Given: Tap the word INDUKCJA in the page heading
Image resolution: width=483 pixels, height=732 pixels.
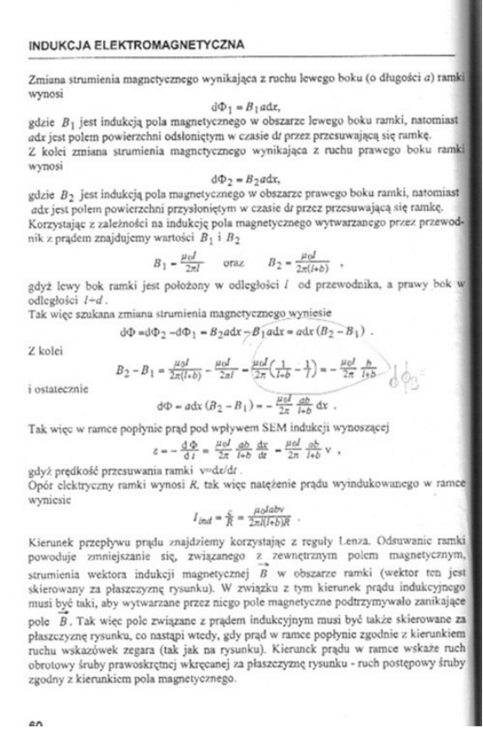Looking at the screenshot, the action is point(58,43).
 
